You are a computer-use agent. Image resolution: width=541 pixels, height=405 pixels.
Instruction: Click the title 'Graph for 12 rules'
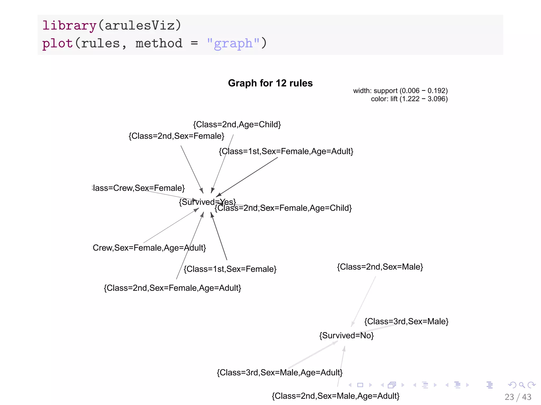[270, 83]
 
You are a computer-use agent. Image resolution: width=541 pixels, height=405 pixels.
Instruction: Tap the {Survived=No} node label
[346, 335]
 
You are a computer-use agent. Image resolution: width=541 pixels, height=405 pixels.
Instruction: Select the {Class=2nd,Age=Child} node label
[237, 124]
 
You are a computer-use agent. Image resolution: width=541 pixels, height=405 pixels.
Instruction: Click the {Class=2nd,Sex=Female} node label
[176, 136]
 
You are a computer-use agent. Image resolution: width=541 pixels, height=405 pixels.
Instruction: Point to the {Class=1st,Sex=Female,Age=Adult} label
[286, 151]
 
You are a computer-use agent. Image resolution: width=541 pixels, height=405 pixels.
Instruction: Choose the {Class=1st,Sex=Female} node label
[230, 269]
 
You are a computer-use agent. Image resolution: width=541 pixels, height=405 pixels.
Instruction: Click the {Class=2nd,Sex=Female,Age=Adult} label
[172, 288]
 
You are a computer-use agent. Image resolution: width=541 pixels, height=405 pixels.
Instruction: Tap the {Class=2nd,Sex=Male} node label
[380, 267]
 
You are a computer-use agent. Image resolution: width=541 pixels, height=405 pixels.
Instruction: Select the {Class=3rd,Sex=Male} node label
[406, 321]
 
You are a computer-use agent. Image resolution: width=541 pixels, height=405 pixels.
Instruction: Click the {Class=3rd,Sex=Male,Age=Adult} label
[279, 373]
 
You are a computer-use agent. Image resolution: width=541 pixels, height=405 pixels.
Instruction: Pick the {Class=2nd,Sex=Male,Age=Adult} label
[335, 396]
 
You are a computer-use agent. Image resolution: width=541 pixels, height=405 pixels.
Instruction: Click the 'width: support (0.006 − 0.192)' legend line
[400, 91]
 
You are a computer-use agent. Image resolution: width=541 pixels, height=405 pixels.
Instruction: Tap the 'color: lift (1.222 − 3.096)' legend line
[409, 99]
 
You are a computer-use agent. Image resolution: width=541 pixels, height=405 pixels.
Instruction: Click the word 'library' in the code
[69, 26]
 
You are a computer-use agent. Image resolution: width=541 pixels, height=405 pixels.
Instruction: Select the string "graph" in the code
[233, 43]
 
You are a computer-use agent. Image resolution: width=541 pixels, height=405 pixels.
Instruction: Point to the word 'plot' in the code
[57, 43]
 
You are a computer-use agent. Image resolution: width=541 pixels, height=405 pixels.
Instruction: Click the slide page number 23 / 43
[518, 397]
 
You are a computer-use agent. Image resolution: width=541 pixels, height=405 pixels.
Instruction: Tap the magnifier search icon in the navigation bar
[522, 385]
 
